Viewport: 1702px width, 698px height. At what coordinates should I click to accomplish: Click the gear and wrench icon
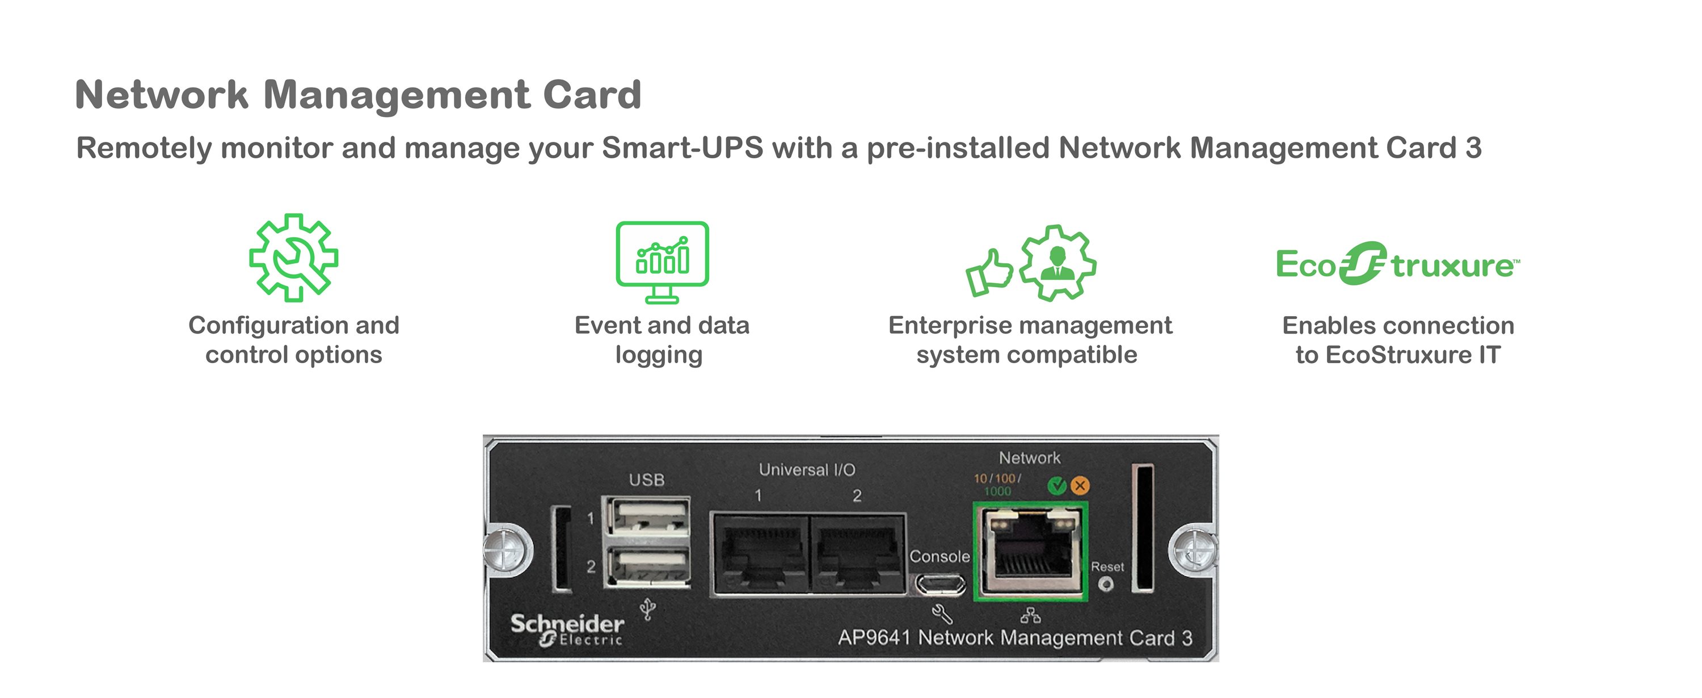click(293, 258)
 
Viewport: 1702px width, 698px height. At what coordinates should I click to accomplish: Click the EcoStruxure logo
click(1397, 264)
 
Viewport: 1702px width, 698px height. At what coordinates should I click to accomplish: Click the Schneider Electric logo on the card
click(567, 629)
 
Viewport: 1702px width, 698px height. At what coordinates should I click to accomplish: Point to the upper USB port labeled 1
click(649, 517)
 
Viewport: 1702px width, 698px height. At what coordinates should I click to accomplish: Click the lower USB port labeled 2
click(649, 566)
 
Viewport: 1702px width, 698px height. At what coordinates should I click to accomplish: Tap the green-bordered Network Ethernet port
click(1031, 551)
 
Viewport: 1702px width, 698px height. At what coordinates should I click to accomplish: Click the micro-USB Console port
click(940, 585)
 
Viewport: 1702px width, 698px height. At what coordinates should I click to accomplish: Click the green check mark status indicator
click(1057, 486)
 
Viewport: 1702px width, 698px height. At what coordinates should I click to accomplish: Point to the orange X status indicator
click(1080, 486)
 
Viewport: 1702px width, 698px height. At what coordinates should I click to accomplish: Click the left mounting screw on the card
click(507, 549)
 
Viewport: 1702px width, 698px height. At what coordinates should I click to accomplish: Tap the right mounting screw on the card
click(1193, 549)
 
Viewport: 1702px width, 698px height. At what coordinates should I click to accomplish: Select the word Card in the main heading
click(592, 95)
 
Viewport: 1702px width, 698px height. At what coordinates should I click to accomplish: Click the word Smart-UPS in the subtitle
click(682, 148)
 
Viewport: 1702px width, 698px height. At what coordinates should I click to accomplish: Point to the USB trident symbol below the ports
click(648, 609)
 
